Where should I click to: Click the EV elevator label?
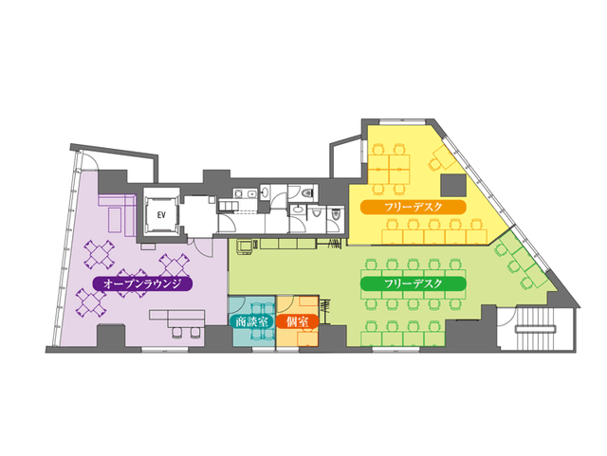[x=161, y=215]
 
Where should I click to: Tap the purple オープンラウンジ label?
[x=142, y=283]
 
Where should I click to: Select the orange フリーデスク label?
[x=414, y=207]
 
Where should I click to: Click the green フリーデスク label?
[x=414, y=283]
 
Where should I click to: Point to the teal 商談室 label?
[x=251, y=321]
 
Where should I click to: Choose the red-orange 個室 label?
[x=297, y=321]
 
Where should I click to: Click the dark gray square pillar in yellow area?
[x=453, y=185]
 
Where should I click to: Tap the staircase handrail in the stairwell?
[x=535, y=329]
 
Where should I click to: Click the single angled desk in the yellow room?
[x=444, y=156]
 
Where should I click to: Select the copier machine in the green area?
[x=245, y=247]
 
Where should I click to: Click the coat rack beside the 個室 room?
[x=324, y=310]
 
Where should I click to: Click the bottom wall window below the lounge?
[x=164, y=350]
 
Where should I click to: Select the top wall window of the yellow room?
[x=401, y=122]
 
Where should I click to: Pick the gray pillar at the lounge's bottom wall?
[x=111, y=336]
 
